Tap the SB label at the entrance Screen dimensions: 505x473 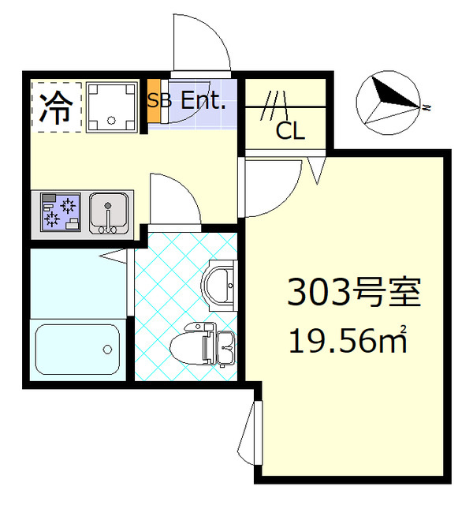click(159, 100)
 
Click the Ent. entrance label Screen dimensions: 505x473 click(204, 100)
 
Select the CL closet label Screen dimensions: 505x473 click(289, 131)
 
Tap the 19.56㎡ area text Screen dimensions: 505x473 click(348, 341)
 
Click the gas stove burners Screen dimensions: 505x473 click(60, 211)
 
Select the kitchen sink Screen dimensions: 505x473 click(108, 213)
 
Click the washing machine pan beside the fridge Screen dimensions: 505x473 click(111, 105)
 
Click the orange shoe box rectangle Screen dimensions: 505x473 click(155, 100)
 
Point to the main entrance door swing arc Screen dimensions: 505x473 click(201, 43)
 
